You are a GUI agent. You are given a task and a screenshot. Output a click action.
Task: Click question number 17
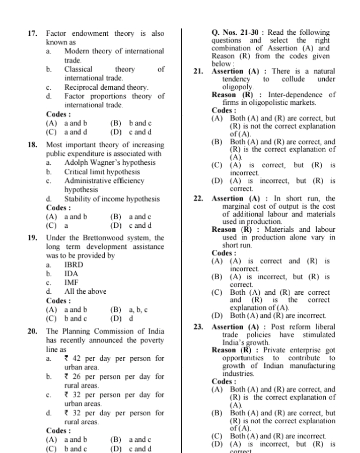(32, 34)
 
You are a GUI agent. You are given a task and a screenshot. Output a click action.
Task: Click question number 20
(32, 332)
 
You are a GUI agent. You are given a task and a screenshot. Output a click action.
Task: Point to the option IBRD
(74, 265)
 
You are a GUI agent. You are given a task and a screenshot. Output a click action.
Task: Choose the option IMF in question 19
(71, 282)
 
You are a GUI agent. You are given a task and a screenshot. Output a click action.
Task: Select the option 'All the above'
(86, 291)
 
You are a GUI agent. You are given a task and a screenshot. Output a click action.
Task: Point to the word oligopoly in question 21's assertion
(225, 87)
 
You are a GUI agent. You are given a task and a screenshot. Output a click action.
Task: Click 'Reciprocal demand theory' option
(106, 87)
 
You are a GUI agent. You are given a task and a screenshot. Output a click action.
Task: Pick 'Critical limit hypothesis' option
(102, 172)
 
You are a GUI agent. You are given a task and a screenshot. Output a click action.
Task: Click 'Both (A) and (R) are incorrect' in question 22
(278, 316)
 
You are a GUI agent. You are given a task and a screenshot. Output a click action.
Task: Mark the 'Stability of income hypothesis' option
(112, 199)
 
